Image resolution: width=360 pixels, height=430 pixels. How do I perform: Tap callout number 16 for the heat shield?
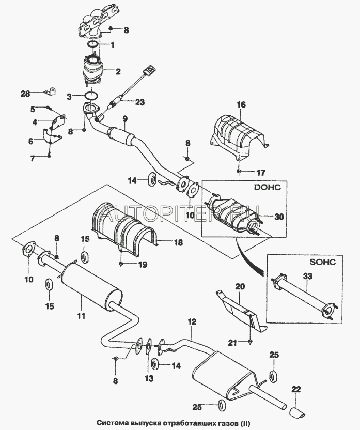241,104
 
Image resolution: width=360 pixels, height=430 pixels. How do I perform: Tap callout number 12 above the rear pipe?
192,321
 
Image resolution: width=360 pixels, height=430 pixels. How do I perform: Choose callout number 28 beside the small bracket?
25,94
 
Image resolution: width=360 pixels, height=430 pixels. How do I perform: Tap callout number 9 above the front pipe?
124,119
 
